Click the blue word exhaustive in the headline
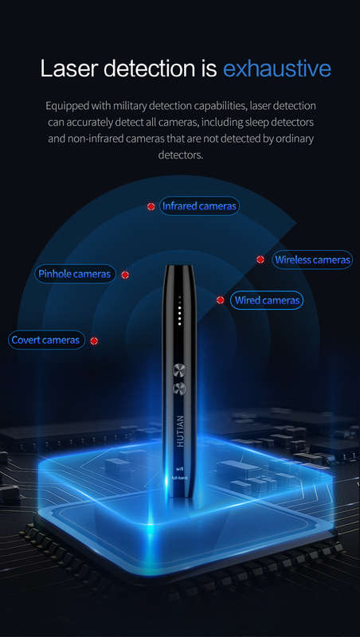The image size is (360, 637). click(276, 68)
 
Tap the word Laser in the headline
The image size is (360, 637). click(68, 68)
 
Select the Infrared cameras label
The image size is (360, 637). click(198, 206)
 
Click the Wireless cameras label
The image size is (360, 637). click(312, 260)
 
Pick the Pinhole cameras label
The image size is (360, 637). click(75, 274)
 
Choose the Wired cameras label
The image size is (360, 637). click(267, 301)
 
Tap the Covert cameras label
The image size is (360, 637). click(46, 340)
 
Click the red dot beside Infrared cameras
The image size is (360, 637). click(151, 206)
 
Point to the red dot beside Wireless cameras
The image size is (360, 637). click(260, 260)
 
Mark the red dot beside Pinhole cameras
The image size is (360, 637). click(125, 275)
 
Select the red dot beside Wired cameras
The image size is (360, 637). click(221, 300)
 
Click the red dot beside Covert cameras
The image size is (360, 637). click(94, 341)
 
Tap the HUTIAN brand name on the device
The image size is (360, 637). click(181, 431)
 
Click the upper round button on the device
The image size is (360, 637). click(179, 370)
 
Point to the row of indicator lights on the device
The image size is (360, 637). click(179, 313)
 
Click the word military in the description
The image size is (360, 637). click(130, 106)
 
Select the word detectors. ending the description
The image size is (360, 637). click(180, 154)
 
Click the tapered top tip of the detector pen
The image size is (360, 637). click(179, 267)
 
